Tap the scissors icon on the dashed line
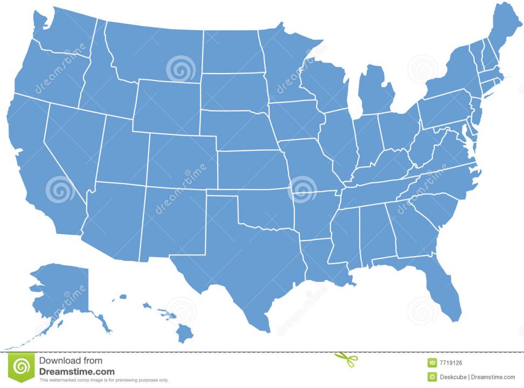346,358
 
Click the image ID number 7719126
451,363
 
